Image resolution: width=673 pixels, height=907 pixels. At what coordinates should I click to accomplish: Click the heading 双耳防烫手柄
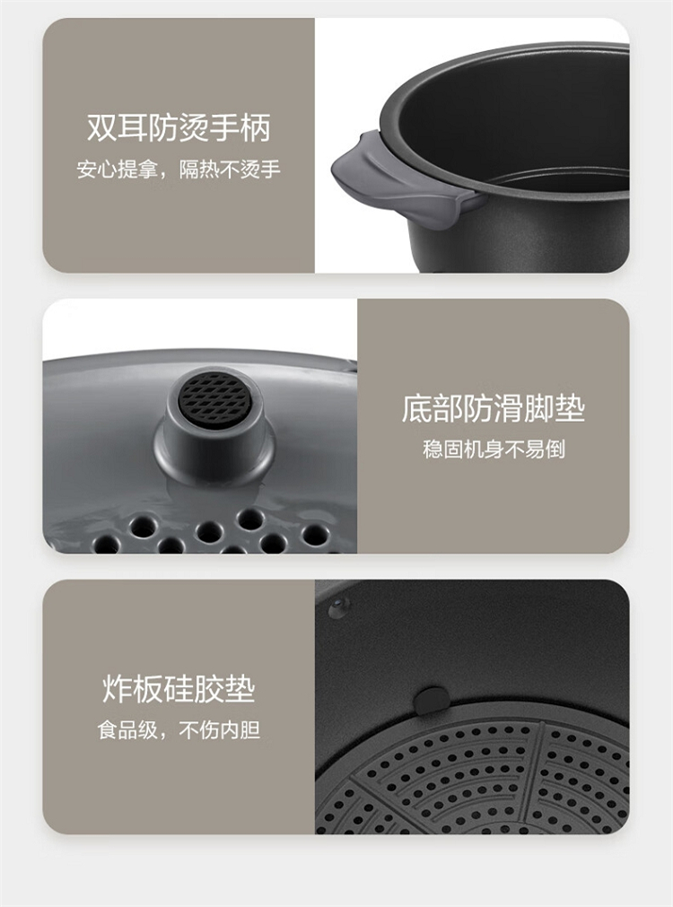(x=179, y=127)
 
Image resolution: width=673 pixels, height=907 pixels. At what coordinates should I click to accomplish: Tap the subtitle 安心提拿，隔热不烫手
(x=179, y=170)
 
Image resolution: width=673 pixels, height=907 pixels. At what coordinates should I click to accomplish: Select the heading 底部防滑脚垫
(x=494, y=408)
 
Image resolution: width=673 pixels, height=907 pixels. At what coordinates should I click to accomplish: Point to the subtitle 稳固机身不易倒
(x=494, y=449)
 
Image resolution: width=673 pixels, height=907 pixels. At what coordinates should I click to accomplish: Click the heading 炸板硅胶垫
(x=179, y=688)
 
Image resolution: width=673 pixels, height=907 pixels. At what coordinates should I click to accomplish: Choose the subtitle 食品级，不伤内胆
(x=179, y=729)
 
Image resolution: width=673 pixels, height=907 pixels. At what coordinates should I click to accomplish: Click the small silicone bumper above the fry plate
(x=431, y=700)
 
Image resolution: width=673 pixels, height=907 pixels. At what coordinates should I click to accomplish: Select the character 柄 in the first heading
(x=256, y=127)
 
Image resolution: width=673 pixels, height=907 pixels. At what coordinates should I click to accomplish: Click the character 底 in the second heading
(x=416, y=408)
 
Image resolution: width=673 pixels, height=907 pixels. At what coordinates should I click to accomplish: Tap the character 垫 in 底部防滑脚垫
(x=571, y=408)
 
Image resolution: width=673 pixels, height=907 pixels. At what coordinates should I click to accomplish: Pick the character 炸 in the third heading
(x=118, y=688)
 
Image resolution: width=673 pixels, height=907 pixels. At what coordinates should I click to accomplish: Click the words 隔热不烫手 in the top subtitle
(x=231, y=170)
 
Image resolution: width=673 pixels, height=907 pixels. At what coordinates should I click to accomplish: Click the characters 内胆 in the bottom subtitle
(x=240, y=729)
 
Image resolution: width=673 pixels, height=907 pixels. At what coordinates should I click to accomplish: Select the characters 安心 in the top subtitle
(x=97, y=170)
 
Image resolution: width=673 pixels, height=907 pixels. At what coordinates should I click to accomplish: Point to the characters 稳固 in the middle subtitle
(x=442, y=449)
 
